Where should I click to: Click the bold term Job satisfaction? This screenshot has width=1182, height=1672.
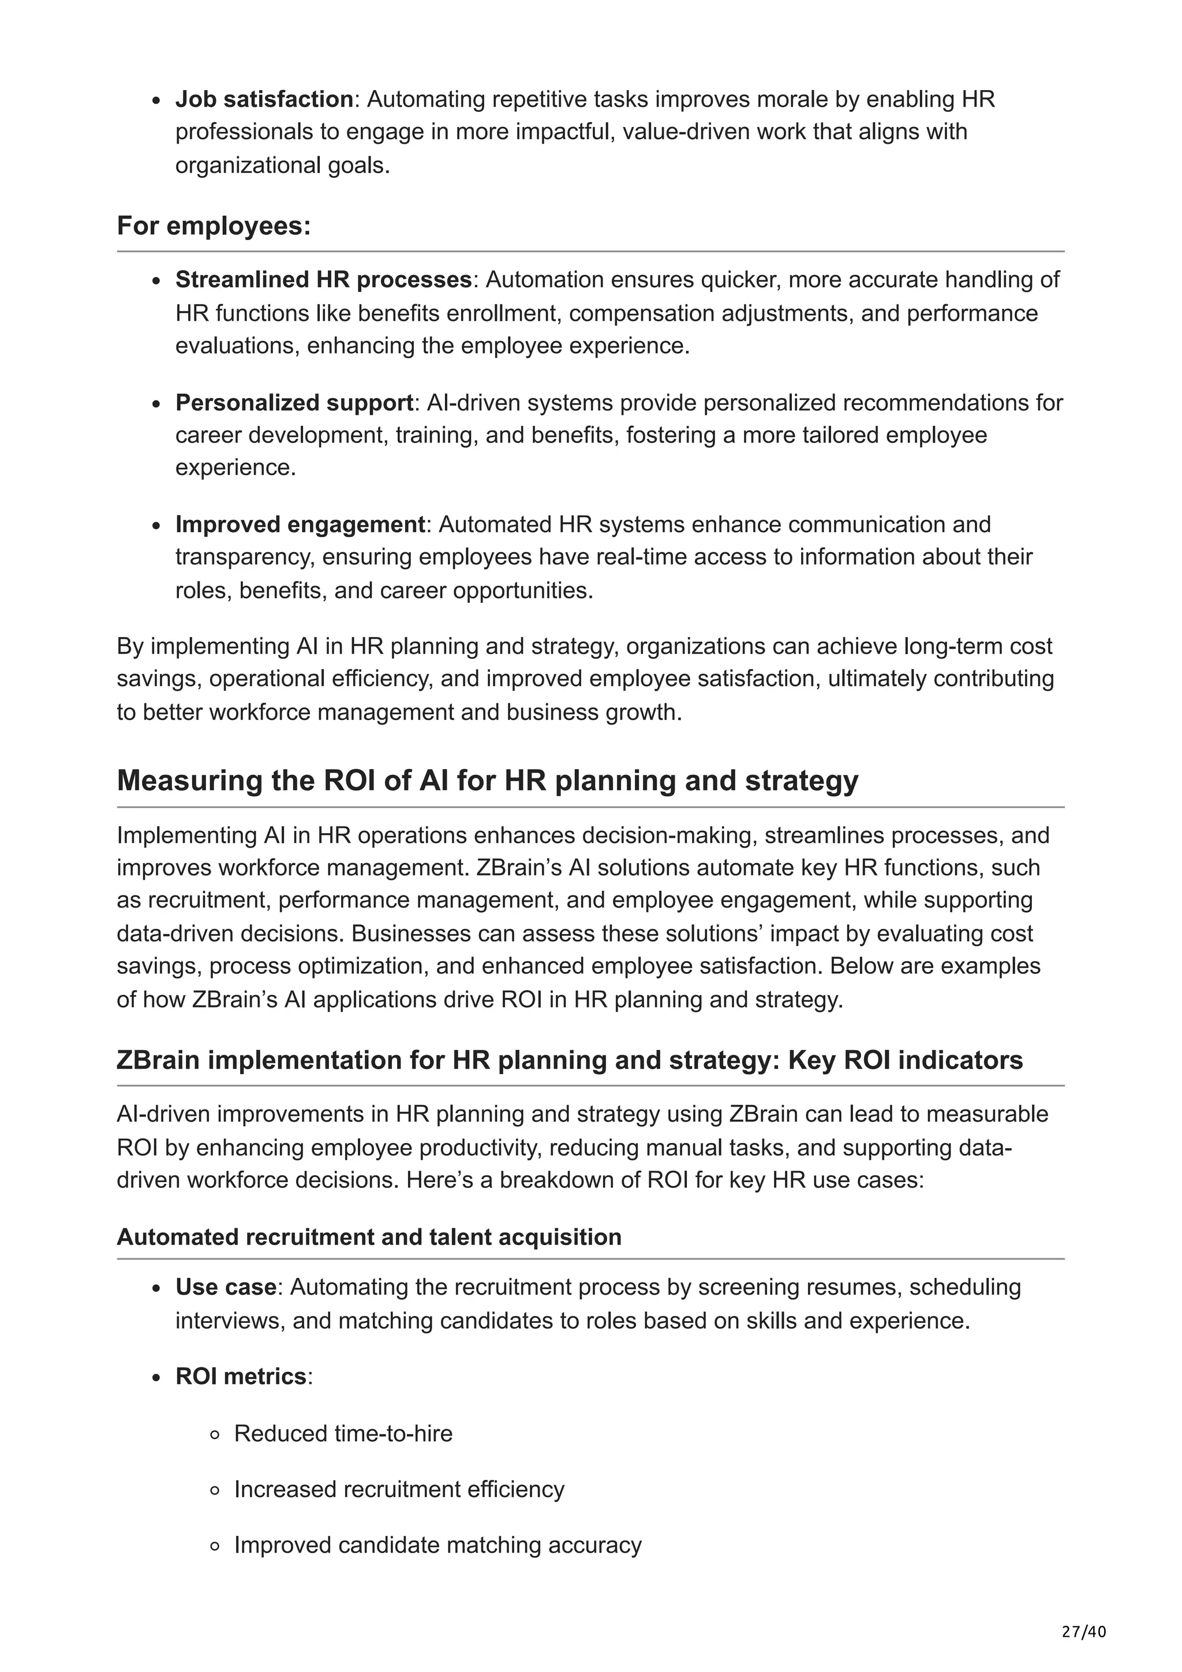[x=264, y=99]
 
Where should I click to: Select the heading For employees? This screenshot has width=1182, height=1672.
[x=214, y=226]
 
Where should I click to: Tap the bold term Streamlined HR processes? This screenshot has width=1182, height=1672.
[x=323, y=280]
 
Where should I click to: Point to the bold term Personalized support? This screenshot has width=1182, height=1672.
[x=294, y=403]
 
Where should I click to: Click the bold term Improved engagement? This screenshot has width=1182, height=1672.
[x=300, y=524]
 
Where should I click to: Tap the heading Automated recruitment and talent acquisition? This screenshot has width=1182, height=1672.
[x=369, y=1237]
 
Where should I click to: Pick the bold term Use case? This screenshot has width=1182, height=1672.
[x=225, y=1288]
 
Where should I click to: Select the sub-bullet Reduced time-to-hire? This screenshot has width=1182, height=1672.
[x=343, y=1434]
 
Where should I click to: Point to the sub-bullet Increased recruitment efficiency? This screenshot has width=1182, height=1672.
[x=399, y=1489]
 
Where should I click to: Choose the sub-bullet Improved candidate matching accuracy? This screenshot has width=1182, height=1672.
[x=437, y=1545]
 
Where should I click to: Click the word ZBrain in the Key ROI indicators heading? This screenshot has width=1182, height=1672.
[x=158, y=1060]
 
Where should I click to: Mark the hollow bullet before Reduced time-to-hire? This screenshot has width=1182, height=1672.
[x=214, y=1435]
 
